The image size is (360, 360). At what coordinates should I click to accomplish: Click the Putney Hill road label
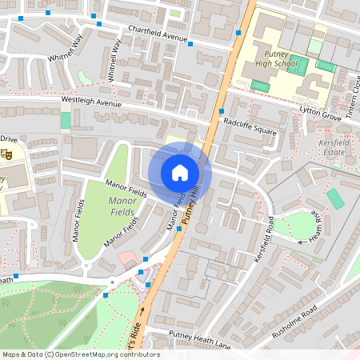tap(189, 198)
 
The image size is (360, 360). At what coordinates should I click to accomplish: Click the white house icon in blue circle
tap(180, 172)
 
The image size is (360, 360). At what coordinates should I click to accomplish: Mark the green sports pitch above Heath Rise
tap(334, 198)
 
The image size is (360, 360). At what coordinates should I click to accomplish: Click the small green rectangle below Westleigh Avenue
tap(65, 120)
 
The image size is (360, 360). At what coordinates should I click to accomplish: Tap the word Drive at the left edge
tap(9, 138)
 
